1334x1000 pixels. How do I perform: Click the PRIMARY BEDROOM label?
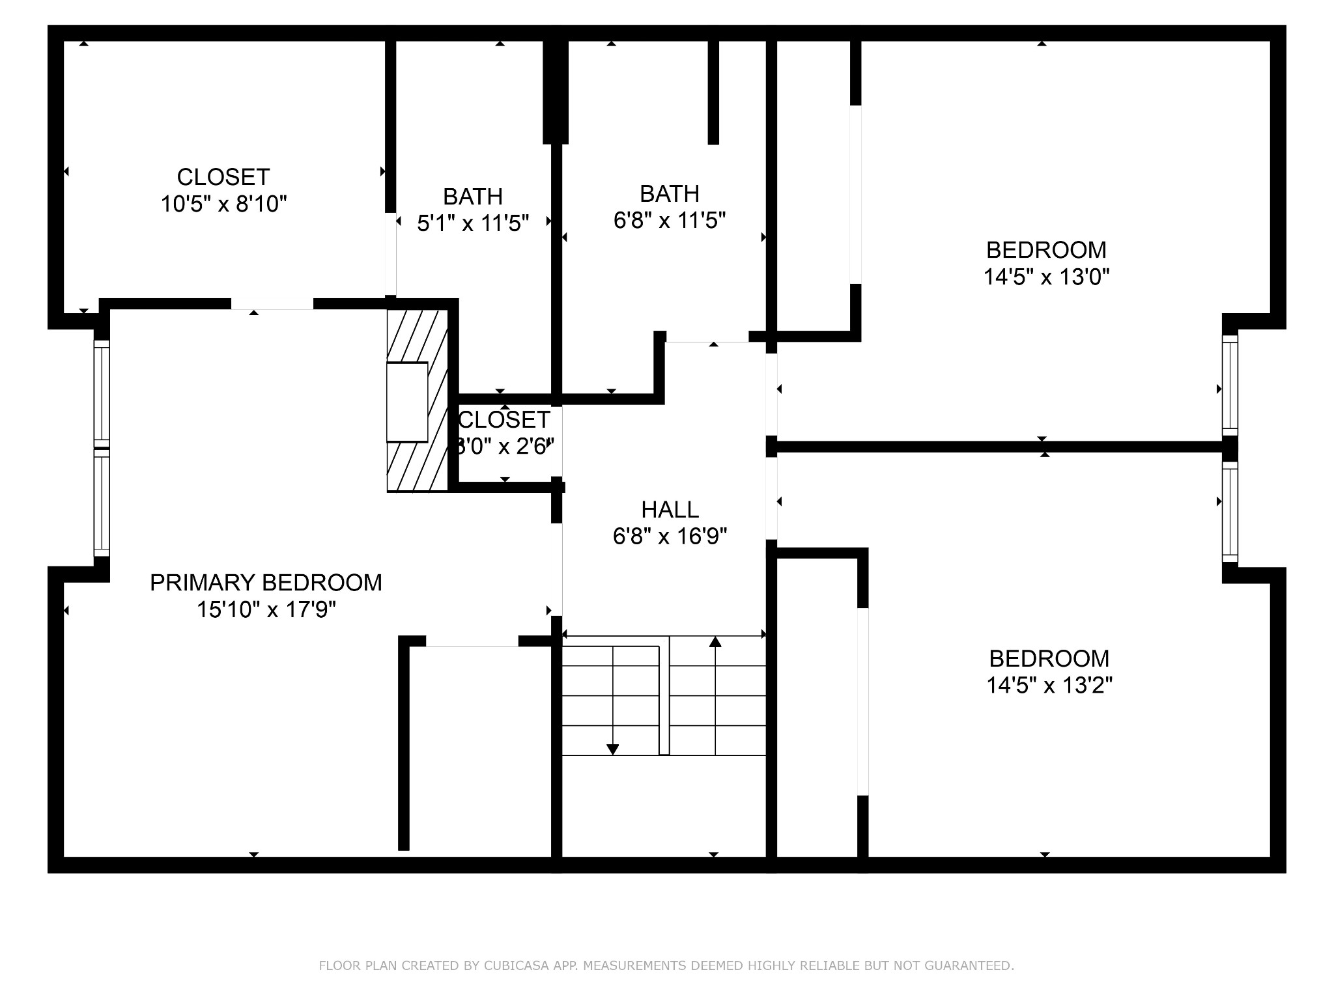click(266, 583)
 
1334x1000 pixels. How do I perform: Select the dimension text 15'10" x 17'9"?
click(266, 610)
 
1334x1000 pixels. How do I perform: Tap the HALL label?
click(670, 509)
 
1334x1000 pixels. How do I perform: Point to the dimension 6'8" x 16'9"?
click(670, 536)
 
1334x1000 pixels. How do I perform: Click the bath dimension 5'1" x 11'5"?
click(473, 224)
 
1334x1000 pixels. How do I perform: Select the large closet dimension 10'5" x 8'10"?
click(223, 204)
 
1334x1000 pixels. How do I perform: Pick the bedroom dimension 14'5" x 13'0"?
click(1046, 277)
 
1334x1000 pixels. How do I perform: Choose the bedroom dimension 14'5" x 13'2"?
click(1049, 686)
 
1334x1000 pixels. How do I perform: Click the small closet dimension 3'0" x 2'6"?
click(505, 447)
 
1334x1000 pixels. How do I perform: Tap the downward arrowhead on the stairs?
click(612, 749)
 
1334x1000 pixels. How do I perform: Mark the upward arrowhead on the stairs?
click(715, 642)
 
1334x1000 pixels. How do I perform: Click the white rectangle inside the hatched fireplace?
click(407, 402)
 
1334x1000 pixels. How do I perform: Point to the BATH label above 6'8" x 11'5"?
click(670, 193)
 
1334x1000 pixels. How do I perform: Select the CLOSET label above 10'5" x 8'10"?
click(223, 177)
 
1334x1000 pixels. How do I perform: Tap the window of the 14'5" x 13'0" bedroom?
click(1229, 385)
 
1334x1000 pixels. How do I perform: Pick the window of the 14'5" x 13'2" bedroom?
click(1229, 512)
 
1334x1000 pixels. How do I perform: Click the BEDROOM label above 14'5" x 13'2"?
click(1049, 658)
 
